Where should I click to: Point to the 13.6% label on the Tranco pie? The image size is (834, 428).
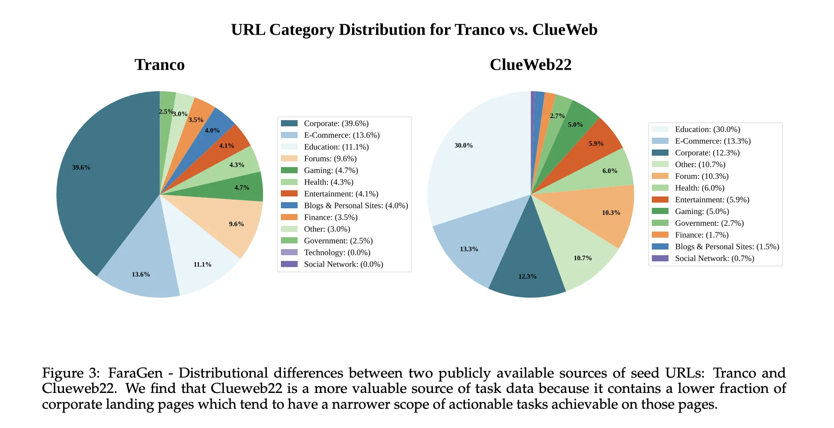coord(141,275)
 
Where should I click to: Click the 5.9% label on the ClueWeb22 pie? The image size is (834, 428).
coord(596,144)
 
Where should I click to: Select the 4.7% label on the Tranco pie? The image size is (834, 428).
coord(242,188)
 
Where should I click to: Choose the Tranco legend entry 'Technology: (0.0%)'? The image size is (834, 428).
coord(337,253)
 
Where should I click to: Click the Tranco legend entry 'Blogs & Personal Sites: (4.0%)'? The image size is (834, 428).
coord(356,206)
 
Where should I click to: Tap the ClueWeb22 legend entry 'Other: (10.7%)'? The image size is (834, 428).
coord(700,165)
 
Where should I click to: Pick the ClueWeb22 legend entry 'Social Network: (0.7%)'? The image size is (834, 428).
coord(714,259)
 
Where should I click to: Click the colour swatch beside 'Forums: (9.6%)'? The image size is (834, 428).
coord(289,159)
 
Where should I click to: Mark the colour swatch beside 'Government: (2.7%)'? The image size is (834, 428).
coord(660,223)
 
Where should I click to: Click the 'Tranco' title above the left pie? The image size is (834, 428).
coord(160,65)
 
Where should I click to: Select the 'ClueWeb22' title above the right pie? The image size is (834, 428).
coord(531,65)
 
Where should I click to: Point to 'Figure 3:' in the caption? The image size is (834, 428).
coord(71,373)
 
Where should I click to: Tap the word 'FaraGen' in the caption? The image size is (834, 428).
coord(135,373)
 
